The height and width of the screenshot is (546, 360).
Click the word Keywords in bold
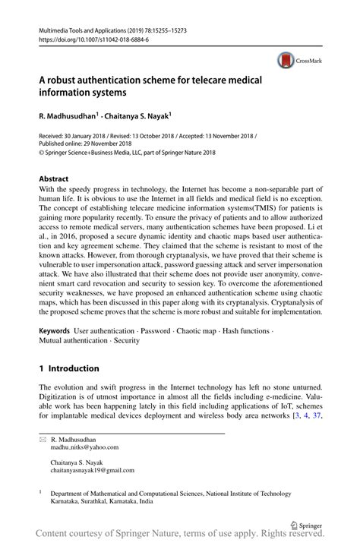tap(55, 332)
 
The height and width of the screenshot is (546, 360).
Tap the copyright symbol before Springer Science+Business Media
tap(41, 153)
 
